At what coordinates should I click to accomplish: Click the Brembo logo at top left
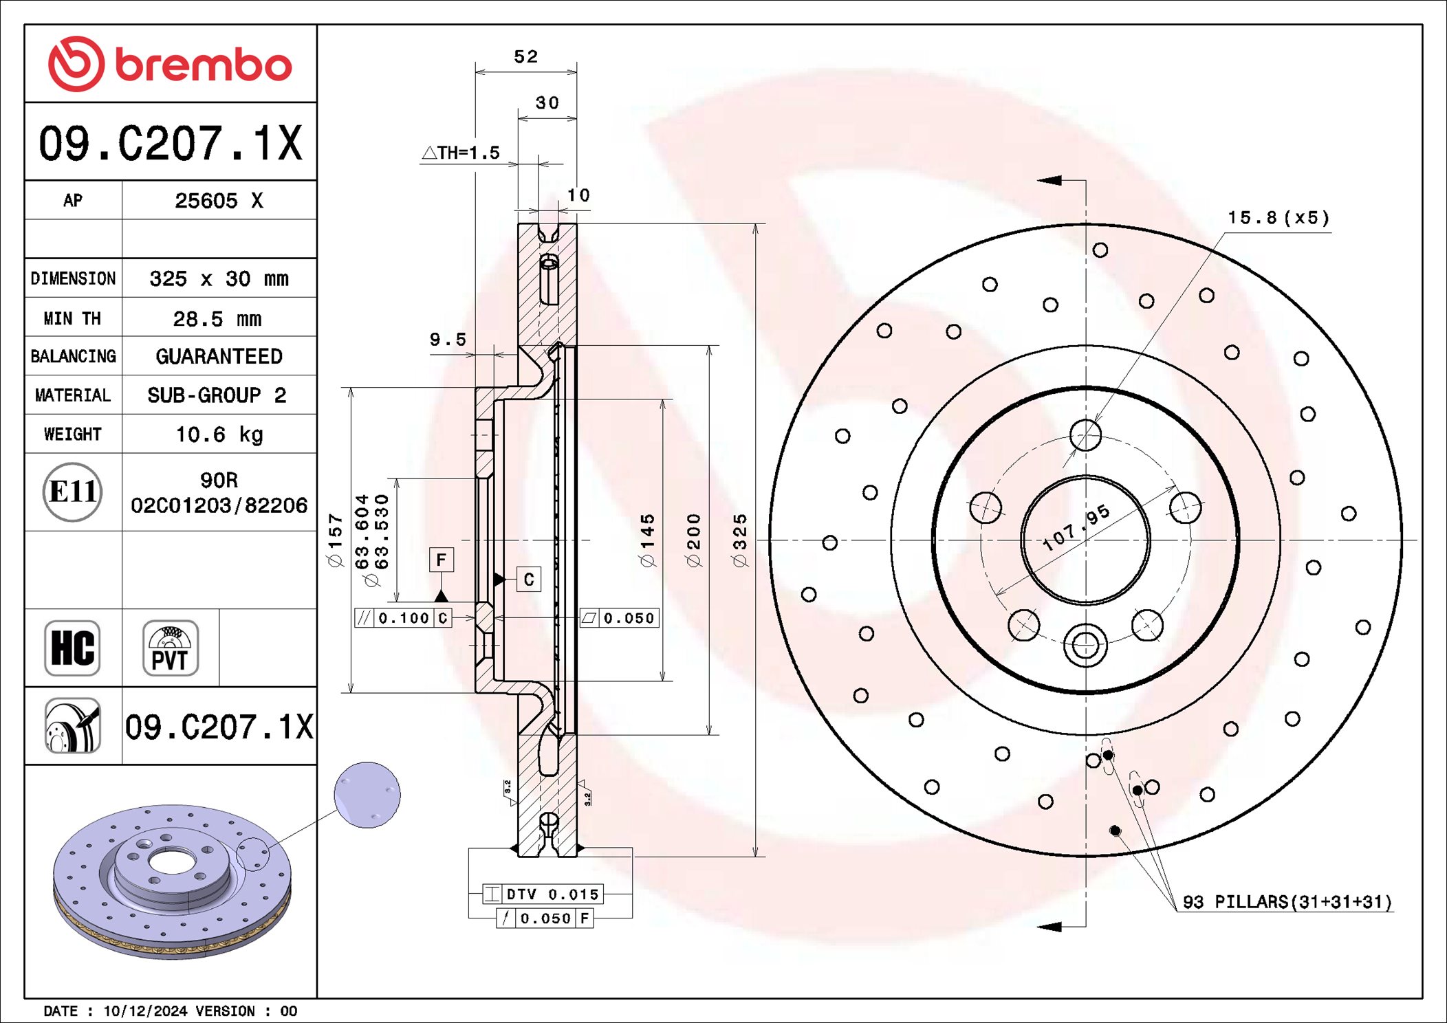(x=170, y=64)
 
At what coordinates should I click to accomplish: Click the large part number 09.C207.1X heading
(x=170, y=143)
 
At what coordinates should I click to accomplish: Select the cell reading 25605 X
(x=219, y=201)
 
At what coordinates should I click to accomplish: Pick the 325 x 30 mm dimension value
(x=219, y=278)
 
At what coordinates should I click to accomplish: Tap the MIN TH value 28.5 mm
(x=217, y=318)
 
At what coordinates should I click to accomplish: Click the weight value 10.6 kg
(x=219, y=434)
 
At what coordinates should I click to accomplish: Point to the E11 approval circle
(x=72, y=492)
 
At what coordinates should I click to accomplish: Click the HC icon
(x=72, y=648)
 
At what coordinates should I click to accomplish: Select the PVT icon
(x=170, y=648)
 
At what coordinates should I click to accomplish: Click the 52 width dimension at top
(x=526, y=56)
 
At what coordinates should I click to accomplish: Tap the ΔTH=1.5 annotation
(x=461, y=153)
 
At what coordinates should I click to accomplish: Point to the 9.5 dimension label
(x=448, y=340)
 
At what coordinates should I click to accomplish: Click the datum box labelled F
(x=441, y=560)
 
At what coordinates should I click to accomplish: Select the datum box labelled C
(x=528, y=580)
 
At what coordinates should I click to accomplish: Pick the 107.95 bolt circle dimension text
(x=1076, y=527)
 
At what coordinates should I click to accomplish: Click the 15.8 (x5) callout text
(x=1279, y=218)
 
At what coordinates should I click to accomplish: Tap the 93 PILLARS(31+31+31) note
(x=1287, y=902)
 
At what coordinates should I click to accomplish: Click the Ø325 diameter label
(x=739, y=540)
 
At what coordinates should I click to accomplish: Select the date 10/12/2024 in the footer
(x=145, y=1011)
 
